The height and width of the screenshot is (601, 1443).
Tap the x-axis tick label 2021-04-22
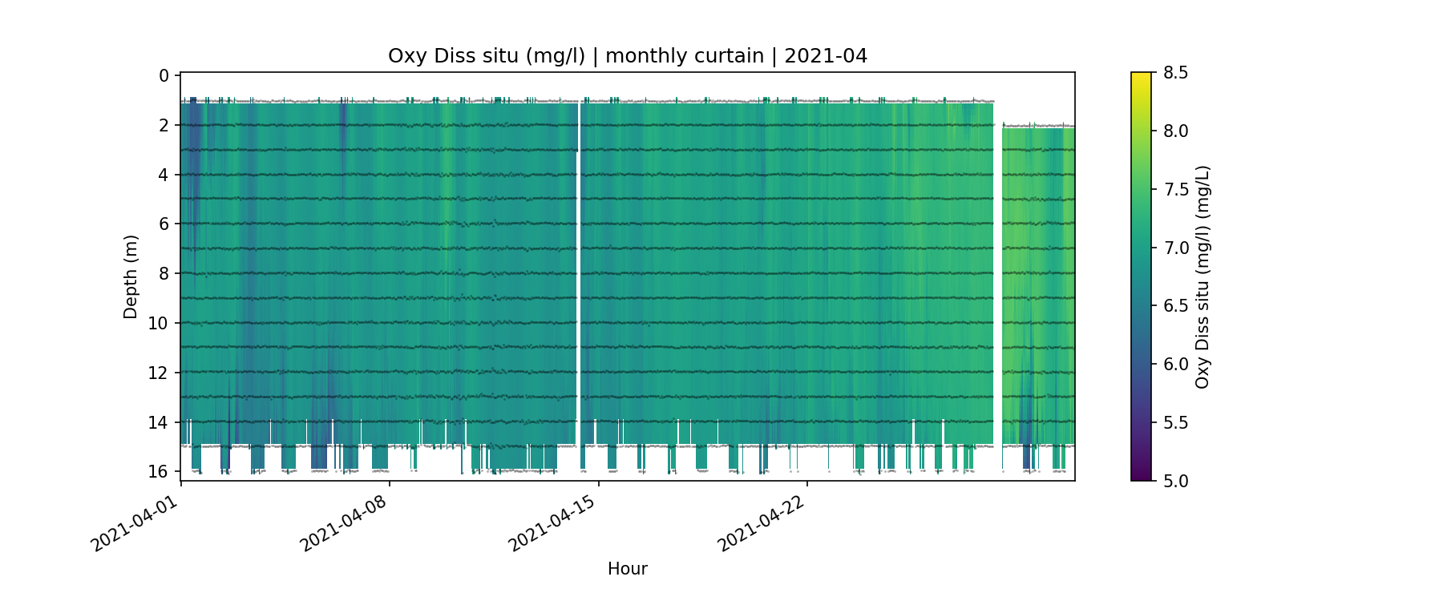point(759,524)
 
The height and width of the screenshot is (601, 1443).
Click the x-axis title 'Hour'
point(627,569)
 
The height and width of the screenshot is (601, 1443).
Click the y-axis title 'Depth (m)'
point(131,276)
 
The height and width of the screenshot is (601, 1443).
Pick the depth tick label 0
point(164,76)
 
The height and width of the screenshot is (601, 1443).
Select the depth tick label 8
point(164,274)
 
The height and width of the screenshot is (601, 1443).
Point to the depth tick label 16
point(160,471)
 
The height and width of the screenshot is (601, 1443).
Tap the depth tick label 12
point(160,373)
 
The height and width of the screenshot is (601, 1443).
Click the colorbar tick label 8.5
point(1175,73)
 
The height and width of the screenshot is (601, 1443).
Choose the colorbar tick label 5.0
point(1175,481)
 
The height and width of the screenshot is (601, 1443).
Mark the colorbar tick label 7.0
point(1175,248)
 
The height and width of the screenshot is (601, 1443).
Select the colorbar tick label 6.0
point(1175,365)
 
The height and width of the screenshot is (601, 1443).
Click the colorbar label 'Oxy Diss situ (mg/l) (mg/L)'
point(1202,276)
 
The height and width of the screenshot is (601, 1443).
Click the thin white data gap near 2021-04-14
point(579,272)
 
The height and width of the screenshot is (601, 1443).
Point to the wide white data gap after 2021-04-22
point(998,272)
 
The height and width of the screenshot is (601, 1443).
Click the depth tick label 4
point(164,175)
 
